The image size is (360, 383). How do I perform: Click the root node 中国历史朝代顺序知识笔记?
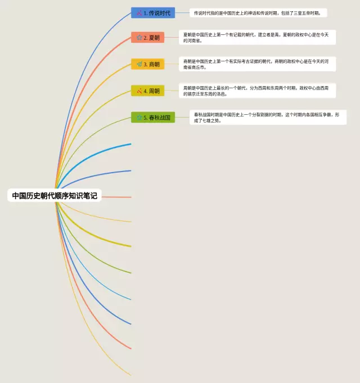click(55, 196)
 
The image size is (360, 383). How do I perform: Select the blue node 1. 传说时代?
click(152, 12)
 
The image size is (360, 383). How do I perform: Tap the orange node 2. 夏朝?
click(148, 38)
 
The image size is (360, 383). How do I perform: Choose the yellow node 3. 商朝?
click(148, 64)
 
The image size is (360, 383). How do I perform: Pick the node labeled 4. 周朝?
click(148, 91)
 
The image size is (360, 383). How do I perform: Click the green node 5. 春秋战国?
click(153, 117)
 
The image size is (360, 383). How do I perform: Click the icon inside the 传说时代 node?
click(139, 12)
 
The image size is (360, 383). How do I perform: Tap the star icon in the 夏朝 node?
click(139, 38)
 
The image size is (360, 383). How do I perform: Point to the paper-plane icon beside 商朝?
click(139, 64)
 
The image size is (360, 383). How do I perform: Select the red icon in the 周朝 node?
click(139, 91)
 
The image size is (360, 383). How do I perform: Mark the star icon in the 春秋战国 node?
click(139, 117)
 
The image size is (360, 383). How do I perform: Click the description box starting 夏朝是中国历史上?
click(257, 37)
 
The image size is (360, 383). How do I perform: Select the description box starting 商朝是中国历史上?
click(257, 64)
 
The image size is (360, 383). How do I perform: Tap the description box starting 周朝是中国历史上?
click(257, 91)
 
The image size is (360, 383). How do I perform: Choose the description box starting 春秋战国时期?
click(267, 117)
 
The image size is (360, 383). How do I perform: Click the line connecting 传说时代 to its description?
click(182, 12)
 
